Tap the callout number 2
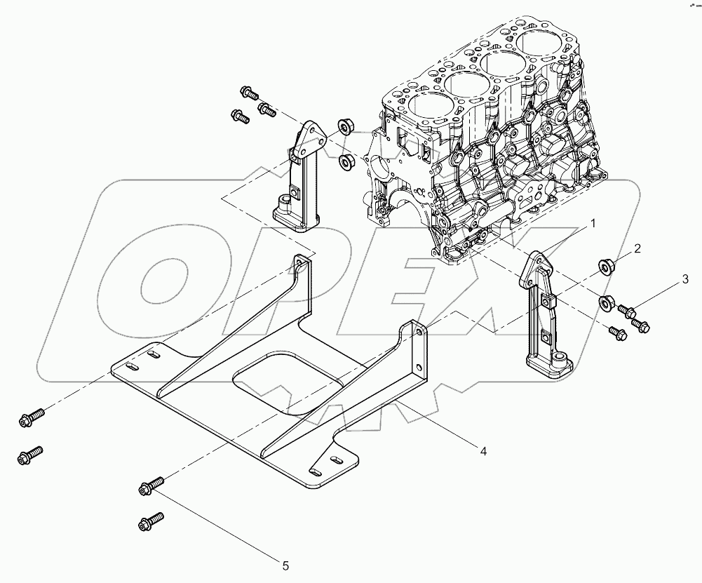coord(637,248)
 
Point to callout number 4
coord(483,451)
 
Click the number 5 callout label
coord(285,564)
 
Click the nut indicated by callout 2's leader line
coord(606,268)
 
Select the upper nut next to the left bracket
coord(344,126)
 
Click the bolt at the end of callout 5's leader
coord(152,484)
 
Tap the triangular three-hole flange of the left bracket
coord(307,138)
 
